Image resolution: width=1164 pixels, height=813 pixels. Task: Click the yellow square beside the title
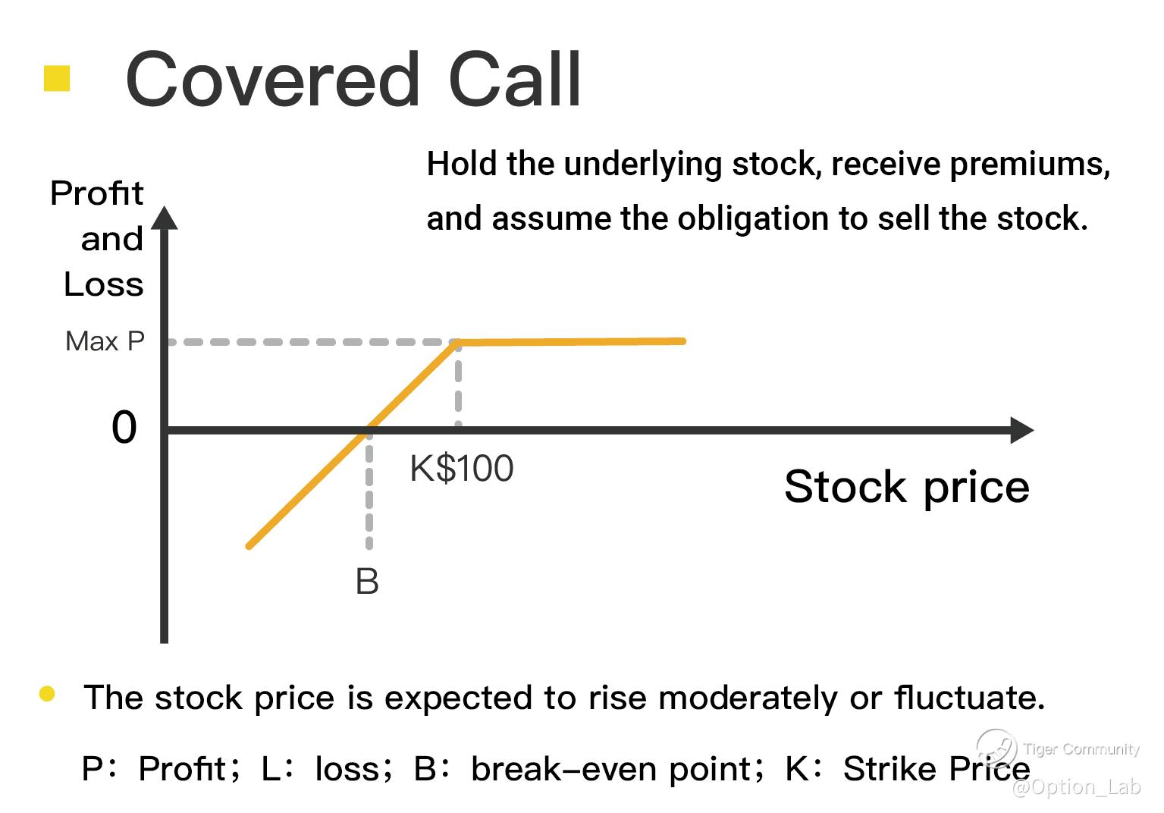[x=57, y=78]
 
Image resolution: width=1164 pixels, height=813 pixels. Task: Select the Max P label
[x=105, y=341]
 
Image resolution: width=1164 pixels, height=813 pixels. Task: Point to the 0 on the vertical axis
[x=124, y=427]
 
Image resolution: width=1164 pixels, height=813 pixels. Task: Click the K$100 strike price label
[x=462, y=469]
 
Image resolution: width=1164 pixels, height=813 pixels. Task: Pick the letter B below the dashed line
[x=367, y=581]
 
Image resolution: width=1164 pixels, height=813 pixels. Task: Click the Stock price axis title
[x=907, y=487]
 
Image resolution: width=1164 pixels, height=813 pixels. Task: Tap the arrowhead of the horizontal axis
[x=1021, y=430]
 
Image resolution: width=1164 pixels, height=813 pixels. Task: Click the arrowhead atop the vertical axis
[x=165, y=218]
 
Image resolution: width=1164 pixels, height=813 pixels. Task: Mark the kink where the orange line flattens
[x=457, y=342]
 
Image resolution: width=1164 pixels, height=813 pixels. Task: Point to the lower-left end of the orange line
[x=249, y=546]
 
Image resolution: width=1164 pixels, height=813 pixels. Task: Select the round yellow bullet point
[x=47, y=693]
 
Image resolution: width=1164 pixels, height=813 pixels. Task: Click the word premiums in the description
[x=1030, y=165]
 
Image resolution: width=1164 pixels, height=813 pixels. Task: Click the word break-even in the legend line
[x=564, y=769]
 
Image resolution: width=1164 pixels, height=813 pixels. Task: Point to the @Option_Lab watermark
[x=1076, y=787]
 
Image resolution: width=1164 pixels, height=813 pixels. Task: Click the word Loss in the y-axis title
[x=103, y=284]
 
